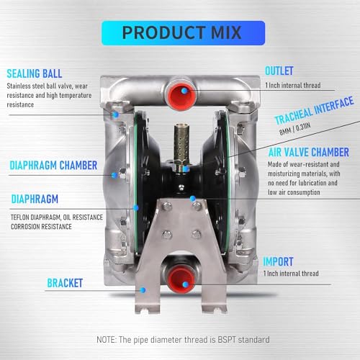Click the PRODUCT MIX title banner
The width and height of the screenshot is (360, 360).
coord(183,33)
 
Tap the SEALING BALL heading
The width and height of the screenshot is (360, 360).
coord(35,73)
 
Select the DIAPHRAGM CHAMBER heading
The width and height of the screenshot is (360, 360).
coord(53,166)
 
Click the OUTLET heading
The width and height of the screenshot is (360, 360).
coord(279,71)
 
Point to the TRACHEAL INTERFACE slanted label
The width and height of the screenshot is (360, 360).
coord(314,110)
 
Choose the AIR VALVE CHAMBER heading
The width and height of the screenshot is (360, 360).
coord(309,153)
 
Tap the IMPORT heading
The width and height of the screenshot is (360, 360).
coord(278,261)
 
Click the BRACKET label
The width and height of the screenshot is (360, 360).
coord(65,283)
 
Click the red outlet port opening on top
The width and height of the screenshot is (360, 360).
coord(181,95)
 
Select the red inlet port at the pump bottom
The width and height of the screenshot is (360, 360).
coord(181,279)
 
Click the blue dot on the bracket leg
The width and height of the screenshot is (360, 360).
coord(143,290)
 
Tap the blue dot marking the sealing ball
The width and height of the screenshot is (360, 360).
coord(116,114)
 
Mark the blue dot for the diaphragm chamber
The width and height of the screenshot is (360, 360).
coord(114,175)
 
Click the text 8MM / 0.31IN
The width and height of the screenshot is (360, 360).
coord(295,129)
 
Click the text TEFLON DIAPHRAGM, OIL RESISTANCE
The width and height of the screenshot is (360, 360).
coord(57,217)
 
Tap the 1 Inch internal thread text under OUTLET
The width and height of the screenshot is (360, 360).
coord(293,85)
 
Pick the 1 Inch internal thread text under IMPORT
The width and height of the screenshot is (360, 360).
coord(291,274)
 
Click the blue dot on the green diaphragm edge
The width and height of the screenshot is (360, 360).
coord(136,207)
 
